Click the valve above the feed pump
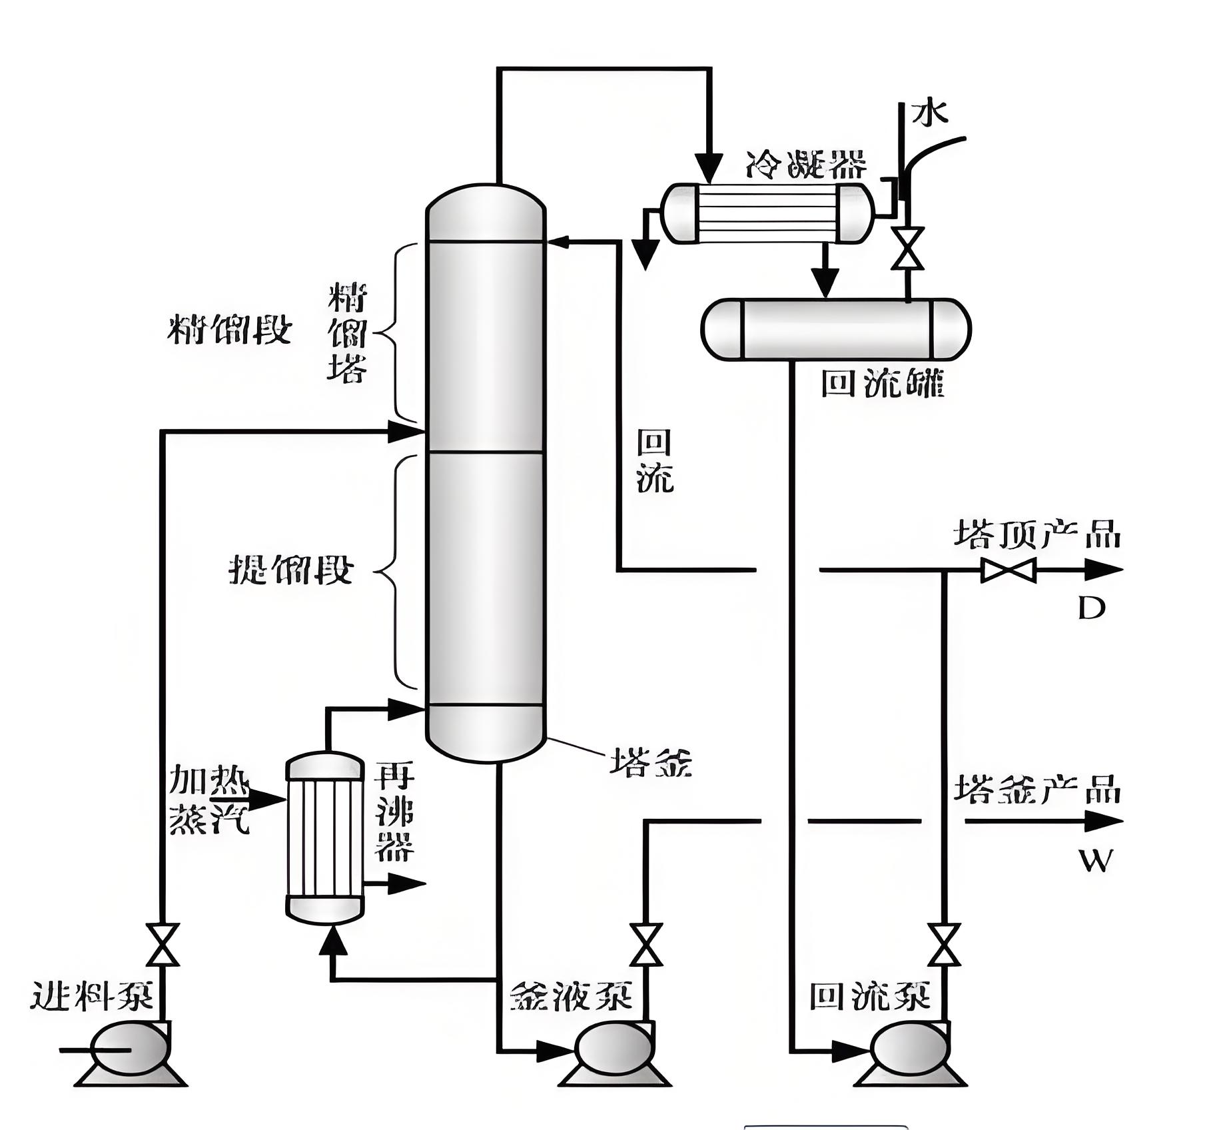click(x=163, y=945)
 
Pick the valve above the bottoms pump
click(x=646, y=945)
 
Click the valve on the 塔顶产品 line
click(x=1008, y=570)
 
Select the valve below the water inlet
click(x=907, y=249)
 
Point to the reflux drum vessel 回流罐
click(x=836, y=329)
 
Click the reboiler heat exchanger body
click(x=325, y=838)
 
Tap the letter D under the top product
click(x=1092, y=608)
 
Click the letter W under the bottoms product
click(x=1095, y=861)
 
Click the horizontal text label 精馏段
click(x=229, y=328)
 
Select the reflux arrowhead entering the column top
click(x=556, y=242)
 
